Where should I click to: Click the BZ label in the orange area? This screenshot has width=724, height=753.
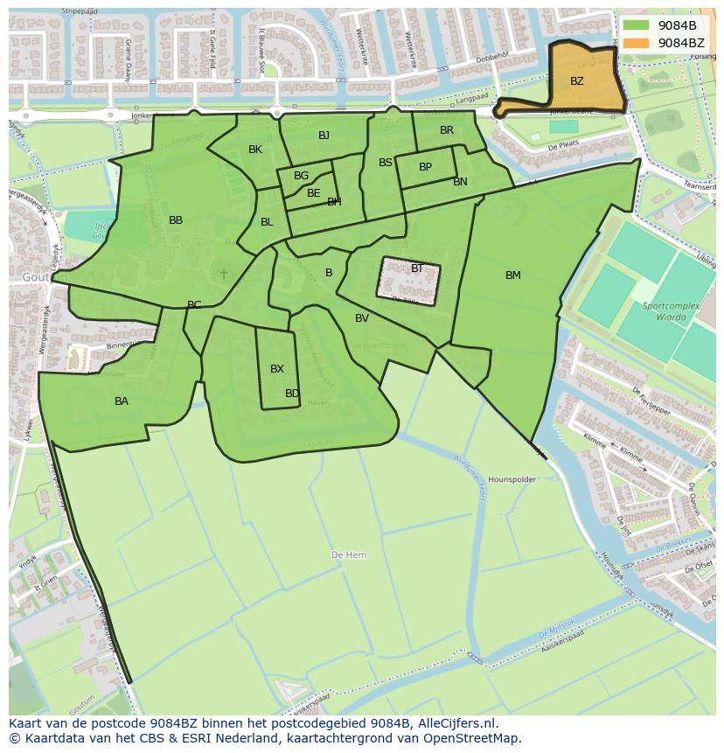click(x=577, y=81)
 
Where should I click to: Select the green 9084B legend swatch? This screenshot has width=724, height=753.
click(x=637, y=25)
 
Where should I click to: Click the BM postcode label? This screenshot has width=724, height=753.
click(x=513, y=275)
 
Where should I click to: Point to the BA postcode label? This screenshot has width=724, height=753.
click(x=122, y=401)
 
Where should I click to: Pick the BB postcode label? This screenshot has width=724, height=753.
click(x=176, y=220)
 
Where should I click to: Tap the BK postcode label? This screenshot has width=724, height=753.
click(x=255, y=150)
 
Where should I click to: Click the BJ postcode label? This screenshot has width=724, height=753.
click(x=324, y=135)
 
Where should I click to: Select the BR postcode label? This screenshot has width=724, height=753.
click(x=447, y=130)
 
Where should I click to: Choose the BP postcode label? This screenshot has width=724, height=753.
click(x=425, y=167)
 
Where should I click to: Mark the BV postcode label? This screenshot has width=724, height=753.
click(x=362, y=318)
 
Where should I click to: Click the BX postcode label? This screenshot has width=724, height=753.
click(x=277, y=369)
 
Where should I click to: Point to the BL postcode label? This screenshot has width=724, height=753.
click(x=267, y=222)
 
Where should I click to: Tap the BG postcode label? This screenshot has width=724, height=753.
click(x=302, y=176)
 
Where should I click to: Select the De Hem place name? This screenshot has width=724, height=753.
click(x=349, y=555)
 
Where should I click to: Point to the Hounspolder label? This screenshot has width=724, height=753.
click(x=512, y=480)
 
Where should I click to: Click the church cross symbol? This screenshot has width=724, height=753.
click(x=224, y=274)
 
